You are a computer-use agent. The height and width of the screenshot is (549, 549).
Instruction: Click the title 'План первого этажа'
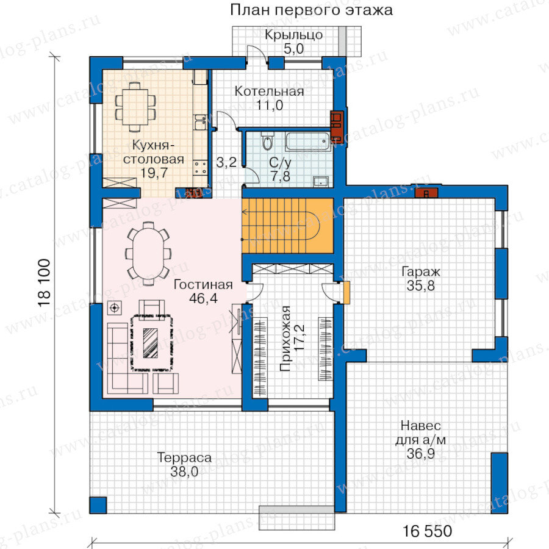point(311,10)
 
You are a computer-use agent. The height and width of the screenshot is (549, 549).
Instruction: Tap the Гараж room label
point(420,271)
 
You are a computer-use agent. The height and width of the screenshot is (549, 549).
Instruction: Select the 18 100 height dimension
point(45,283)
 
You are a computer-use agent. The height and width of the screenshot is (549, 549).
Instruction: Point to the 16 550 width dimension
point(427,531)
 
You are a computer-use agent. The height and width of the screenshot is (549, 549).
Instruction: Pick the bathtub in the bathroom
point(308,142)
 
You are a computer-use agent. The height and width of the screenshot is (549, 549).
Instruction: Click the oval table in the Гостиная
point(148,253)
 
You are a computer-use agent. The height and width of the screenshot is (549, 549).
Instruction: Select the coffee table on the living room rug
point(151,342)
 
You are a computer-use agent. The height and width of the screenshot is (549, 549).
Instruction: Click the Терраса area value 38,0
point(184,472)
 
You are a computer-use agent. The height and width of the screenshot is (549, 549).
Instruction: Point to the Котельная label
point(269,91)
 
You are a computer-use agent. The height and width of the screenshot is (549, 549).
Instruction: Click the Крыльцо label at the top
point(293,35)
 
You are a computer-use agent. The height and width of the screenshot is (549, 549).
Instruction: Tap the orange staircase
point(287,226)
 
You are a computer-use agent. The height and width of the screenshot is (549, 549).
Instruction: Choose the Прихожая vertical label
point(285,339)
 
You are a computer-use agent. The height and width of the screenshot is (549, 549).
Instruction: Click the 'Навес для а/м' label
point(420,432)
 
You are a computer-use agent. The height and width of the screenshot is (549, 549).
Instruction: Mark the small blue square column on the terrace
point(98,505)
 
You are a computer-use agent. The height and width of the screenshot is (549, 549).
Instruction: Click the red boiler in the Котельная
point(337,124)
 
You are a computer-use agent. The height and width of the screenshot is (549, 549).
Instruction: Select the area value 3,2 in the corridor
point(226,162)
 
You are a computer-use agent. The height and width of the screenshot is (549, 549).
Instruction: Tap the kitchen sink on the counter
point(200,121)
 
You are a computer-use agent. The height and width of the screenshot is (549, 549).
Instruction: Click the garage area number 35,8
point(420,285)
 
